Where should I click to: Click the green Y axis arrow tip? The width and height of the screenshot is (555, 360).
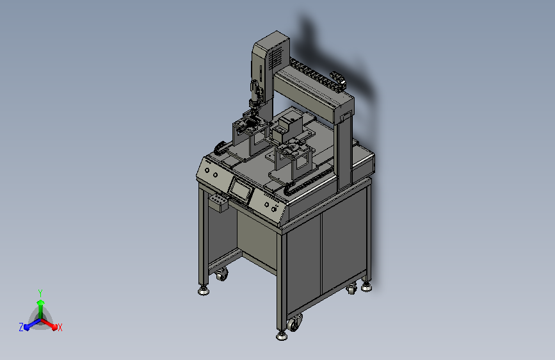coord(40,302)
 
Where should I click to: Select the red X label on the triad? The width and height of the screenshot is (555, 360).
coord(60,327)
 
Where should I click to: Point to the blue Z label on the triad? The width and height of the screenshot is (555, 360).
coord(21,327)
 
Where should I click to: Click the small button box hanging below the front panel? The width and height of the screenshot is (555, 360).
coord(219,202)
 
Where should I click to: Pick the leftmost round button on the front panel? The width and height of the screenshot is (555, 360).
coord(207,171)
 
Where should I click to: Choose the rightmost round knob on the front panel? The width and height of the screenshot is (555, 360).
coord(273,209)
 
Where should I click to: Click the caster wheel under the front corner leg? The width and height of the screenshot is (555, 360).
coord(294,322)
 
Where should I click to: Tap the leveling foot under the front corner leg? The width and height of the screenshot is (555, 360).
coord(282,336)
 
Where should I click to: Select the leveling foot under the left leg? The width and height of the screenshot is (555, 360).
coord(204,291)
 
